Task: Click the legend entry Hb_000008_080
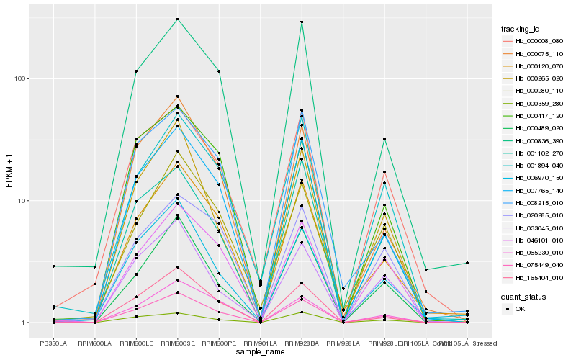point(534,41)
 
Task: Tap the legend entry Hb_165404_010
point(534,277)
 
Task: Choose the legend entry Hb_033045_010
point(534,228)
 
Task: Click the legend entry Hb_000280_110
point(534,91)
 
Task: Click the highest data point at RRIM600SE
point(177,19)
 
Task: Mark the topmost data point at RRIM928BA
point(302,22)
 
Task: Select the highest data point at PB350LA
point(53,266)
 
